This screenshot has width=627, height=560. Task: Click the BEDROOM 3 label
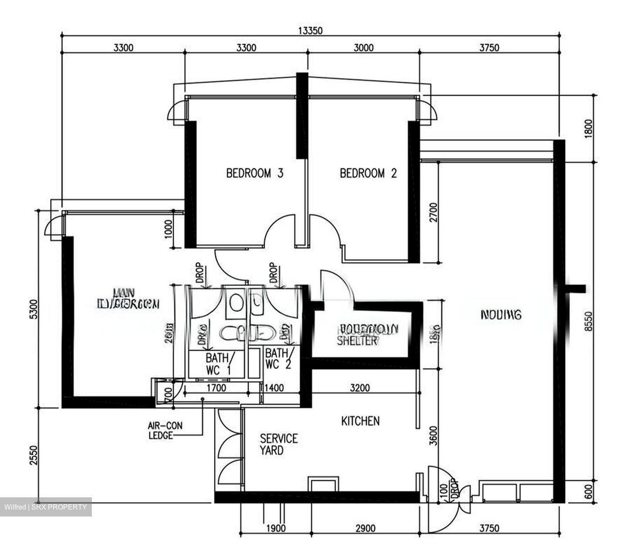pos(255,173)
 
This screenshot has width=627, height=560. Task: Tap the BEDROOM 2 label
pos(368,173)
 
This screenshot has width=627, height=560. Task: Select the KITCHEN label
pos(360,421)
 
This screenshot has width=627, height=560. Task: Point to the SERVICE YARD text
pos(279,444)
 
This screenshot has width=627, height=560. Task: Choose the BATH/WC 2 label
pos(279,358)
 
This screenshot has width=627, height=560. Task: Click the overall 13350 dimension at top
pos(310,30)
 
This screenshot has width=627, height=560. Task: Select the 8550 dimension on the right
pos(588,322)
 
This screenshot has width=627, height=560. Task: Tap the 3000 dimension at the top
pos(363,48)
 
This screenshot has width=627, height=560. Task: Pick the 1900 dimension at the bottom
pos(276,529)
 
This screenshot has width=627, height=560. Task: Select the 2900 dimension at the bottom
pos(365,529)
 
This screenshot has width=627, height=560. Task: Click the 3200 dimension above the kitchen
pos(360,387)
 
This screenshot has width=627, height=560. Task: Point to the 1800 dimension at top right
pos(588,129)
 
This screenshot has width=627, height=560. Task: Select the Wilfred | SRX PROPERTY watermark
pos(46,507)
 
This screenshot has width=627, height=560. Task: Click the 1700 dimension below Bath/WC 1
pos(216,387)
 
